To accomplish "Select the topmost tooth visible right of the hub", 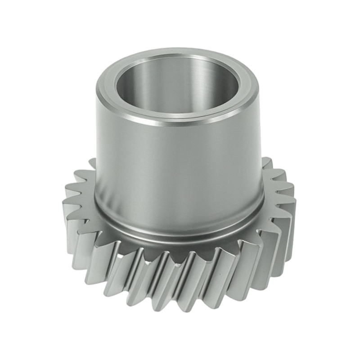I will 266,160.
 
